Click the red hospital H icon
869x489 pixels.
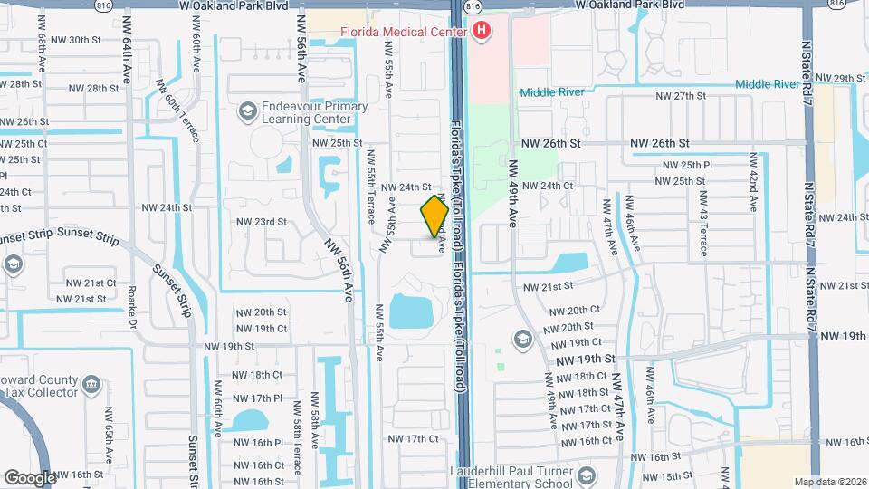pos(482,32)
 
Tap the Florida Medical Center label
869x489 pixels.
pos(403,32)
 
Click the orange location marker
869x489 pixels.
pos(434,216)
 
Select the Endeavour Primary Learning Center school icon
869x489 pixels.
pos(246,111)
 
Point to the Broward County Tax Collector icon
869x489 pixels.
pos(91,386)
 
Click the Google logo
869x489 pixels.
pos(30,477)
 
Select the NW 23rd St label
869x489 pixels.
pos(261,221)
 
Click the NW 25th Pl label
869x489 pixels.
pos(688,165)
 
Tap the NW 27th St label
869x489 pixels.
pos(680,95)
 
